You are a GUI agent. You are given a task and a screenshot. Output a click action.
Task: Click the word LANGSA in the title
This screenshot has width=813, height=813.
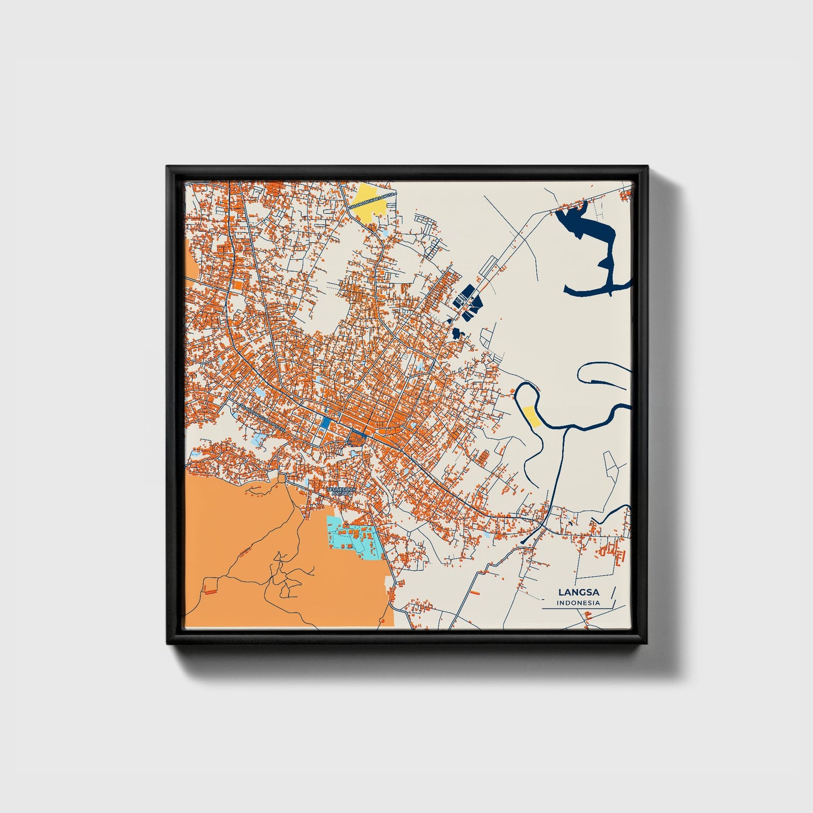click(x=578, y=592)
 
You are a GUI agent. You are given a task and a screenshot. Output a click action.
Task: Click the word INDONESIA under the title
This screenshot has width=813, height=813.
click(x=578, y=603)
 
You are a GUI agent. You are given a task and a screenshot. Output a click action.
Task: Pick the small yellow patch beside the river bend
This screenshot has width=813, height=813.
click(x=531, y=416)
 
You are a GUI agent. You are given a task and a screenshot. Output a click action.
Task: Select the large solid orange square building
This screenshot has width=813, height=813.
click(x=237, y=285)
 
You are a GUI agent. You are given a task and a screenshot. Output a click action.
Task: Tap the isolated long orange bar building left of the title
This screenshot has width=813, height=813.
click(x=475, y=592)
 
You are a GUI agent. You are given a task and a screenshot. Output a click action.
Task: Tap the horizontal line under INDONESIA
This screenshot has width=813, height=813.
click(x=577, y=609)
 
